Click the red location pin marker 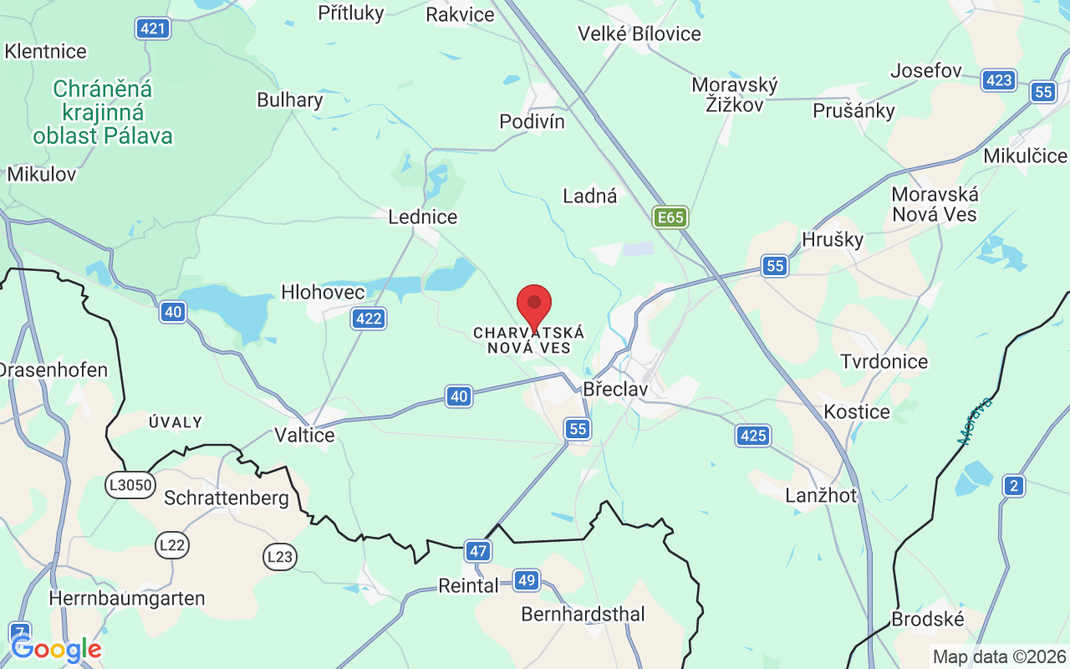point(534,306)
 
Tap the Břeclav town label point(614,389)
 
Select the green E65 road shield point(670,218)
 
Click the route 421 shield point(153,29)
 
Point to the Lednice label point(423,217)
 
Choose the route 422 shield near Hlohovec point(369,318)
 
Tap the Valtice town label point(304,435)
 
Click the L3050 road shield point(130,484)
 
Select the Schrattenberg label point(227,498)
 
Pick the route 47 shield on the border point(478,551)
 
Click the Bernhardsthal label point(583,615)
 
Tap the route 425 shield point(753,435)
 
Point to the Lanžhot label point(821,496)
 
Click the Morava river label point(976,421)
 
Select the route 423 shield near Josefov point(999,80)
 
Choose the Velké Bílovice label point(639,34)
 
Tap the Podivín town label point(532,122)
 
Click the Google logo point(56,649)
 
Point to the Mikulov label point(42,175)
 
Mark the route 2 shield point(1014,485)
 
